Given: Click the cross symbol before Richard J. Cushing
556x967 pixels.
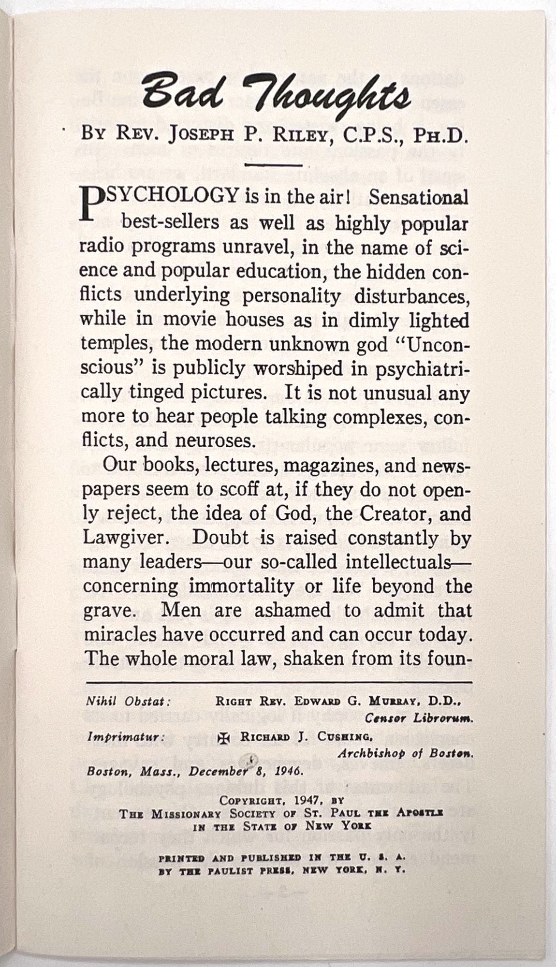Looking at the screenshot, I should (x=224, y=737).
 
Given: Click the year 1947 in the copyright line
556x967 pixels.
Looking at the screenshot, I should (x=300, y=801).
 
